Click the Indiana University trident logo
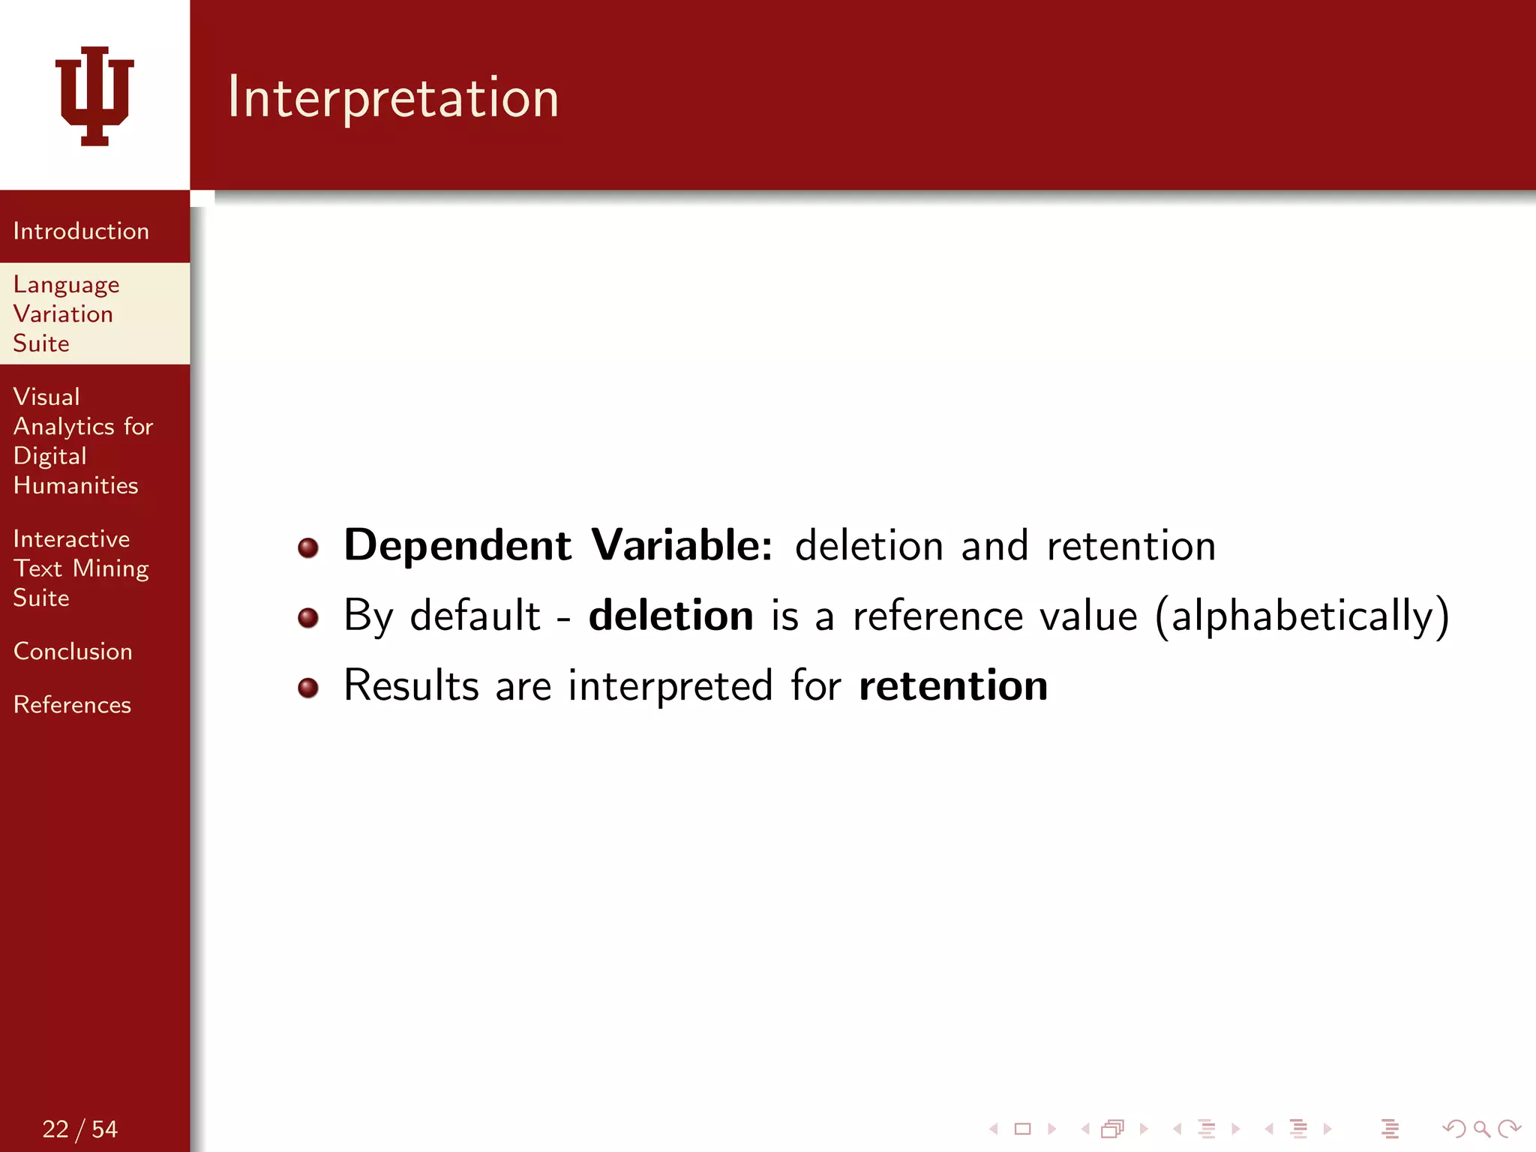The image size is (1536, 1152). pyautogui.click(x=94, y=95)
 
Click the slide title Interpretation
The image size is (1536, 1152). pyautogui.click(x=393, y=97)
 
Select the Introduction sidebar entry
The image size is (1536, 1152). pyautogui.click(x=81, y=231)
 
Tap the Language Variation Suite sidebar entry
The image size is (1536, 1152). pyautogui.click(x=66, y=313)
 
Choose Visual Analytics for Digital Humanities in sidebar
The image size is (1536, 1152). pyautogui.click(x=82, y=441)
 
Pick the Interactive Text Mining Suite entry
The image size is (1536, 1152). pyautogui.click(x=80, y=568)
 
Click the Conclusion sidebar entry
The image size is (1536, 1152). pyautogui.click(x=73, y=651)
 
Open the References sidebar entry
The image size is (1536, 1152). pyautogui.click(x=72, y=704)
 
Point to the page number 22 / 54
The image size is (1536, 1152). pyautogui.click(x=79, y=1129)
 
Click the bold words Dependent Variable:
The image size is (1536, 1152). pyautogui.click(x=558, y=545)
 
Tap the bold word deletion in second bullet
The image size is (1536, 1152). pyautogui.click(x=670, y=616)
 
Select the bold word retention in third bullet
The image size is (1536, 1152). pyautogui.click(x=952, y=685)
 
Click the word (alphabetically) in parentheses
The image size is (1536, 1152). pyautogui.click(x=1302, y=616)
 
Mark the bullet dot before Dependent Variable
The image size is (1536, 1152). pyautogui.click(x=308, y=548)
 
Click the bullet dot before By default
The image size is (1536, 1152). pyautogui.click(x=308, y=618)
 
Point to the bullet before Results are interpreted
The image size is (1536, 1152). pyautogui.click(x=308, y=688)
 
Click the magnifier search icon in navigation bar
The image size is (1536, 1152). pyautogui.click(x=1481, y=1129)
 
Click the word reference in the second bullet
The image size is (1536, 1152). pyautogui.click(x=937, y=616)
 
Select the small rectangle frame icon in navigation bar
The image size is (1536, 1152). pyautogui.click(x=1023, y=1129)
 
